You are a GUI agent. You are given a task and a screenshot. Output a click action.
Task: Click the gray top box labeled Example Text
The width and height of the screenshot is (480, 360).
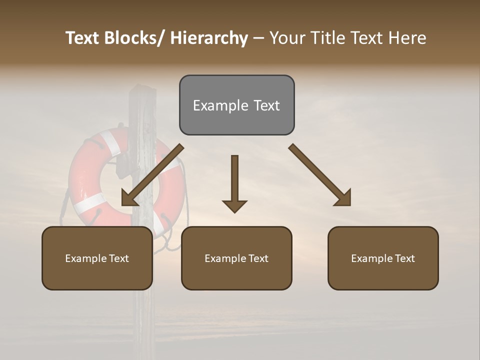coord(236,105)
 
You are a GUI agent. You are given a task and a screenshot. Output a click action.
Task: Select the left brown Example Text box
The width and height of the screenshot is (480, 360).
coord(97,258)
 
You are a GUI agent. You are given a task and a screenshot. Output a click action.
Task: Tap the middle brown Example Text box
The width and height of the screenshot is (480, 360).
coord(236,258)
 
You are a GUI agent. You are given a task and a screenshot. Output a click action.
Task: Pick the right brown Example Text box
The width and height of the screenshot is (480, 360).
coord(383,258)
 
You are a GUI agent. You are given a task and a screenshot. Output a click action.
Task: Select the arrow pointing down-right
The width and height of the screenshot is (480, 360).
coord(320,175)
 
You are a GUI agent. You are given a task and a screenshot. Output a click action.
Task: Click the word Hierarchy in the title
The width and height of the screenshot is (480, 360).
coord(209,38)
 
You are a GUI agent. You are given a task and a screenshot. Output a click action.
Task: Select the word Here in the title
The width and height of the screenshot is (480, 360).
coord(407,38)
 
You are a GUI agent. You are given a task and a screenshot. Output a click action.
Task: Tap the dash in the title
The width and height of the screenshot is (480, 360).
coord(258,38)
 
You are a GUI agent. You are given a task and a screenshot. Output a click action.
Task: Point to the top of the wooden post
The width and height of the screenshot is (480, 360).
coord(142,90)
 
